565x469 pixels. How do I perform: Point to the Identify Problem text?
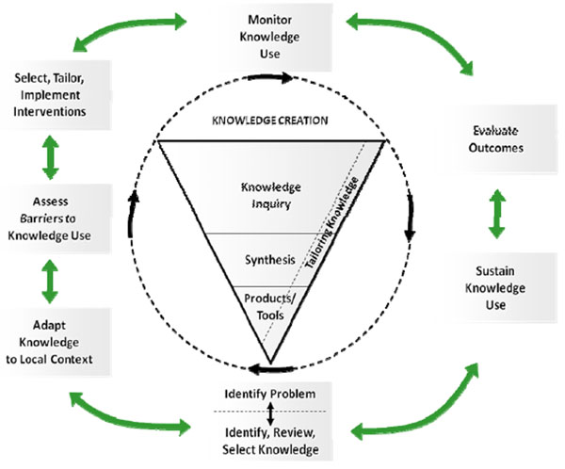coord(269,392)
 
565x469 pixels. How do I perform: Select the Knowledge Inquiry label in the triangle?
coord(270,193)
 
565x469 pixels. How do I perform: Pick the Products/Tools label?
coord(270,307)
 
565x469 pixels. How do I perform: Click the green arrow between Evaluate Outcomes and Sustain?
coord(498,214)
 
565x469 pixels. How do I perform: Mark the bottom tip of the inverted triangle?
coord(270,364)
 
